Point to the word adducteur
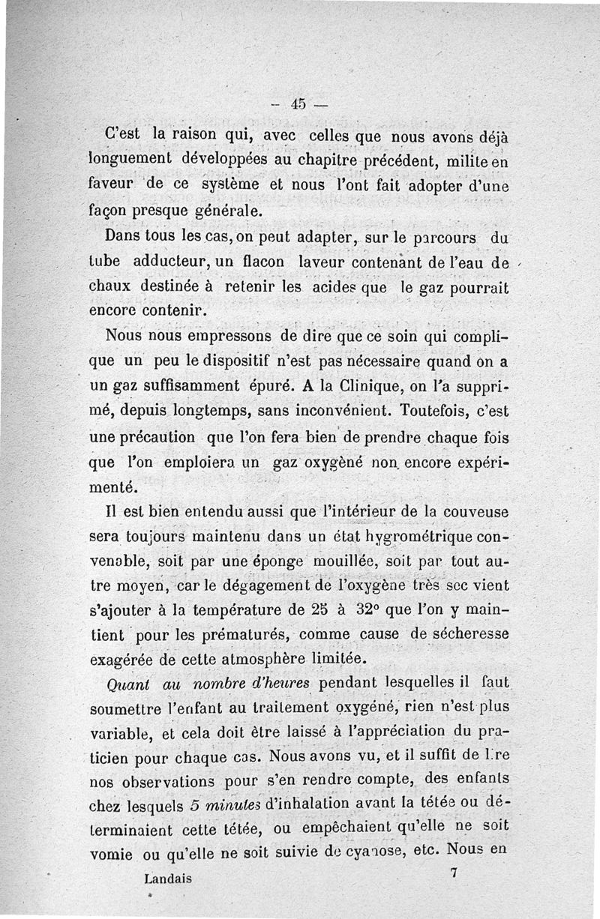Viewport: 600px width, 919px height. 167,264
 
